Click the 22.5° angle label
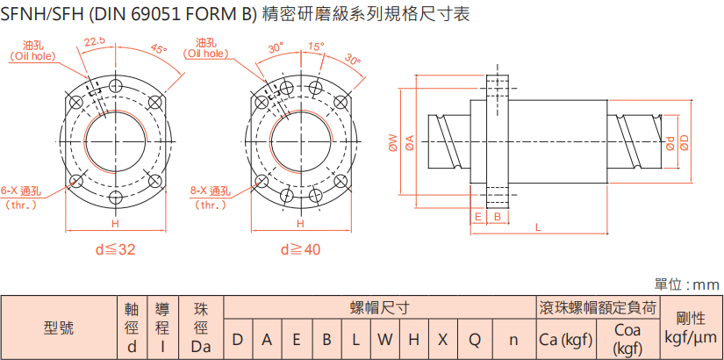click(x=95, y=40)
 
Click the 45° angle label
click(x=158, y=49)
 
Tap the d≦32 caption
click(x=115, y=249)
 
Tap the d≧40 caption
click(x=301, y=249)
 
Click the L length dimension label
click(x=537, y=227)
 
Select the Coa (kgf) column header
click(x=627, y=339)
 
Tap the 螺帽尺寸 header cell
click(x=379, y=307)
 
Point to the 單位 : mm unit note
click(x=687, y=284)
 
